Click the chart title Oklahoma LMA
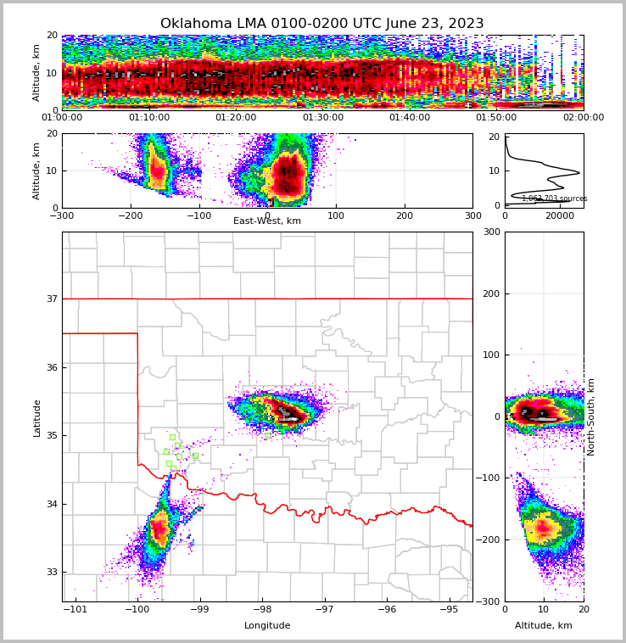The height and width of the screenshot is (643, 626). (321, 24)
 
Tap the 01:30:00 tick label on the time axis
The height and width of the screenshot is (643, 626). (323, 118)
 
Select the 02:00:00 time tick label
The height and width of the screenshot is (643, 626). (583, 118)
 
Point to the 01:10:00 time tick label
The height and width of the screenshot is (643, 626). (149, 118)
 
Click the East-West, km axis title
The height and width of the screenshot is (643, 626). (267, 221)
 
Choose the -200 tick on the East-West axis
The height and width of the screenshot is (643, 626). (130, 216)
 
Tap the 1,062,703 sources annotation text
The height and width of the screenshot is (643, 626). (554, 198)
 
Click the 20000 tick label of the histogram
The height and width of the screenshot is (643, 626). (560, 216)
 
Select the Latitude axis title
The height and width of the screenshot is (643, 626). (36, 417)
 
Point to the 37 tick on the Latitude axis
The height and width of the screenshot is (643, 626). (51, 299)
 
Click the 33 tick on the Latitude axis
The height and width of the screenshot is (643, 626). (51, 572)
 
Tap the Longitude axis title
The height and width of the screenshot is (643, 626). (267, 626)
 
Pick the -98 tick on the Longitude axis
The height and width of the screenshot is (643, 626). (261, 610)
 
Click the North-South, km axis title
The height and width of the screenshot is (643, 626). (591, 417)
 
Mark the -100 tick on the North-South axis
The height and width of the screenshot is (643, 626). (489, 478)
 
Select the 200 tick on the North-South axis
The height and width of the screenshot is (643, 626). (491, 294)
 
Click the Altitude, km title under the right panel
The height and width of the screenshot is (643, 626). (543, 626)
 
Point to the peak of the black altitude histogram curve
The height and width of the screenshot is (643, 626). (579, 173)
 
